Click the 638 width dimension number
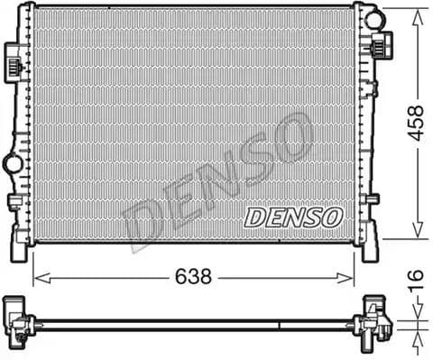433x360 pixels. [192, 277]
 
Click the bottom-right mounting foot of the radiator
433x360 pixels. [370, 246]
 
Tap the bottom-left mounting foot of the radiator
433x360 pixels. [19, 242]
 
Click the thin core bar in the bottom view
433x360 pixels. [194, 320]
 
